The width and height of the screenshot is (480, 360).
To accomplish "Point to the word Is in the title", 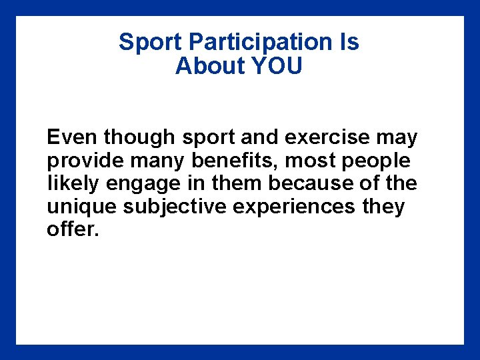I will click(349, 43).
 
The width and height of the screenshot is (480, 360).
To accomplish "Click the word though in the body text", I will click(138, 139).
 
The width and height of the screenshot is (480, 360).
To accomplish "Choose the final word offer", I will click(73, 230).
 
